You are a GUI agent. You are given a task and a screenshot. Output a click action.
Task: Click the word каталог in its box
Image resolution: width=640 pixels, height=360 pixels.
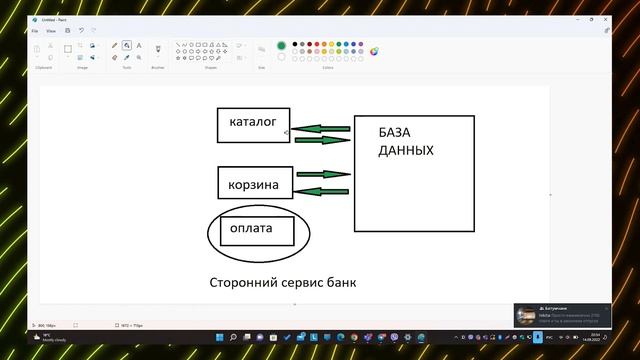pyautogui.click(x=252, y=122)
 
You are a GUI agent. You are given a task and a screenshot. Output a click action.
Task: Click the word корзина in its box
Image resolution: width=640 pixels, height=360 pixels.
pyautogui.click(x=253, y=185)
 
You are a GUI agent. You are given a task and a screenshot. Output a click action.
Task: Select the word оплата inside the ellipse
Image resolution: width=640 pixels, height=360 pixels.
pyautogui.click(x=251, y=228)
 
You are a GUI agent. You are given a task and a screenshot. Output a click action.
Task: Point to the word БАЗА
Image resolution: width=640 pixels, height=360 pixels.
pyautogui.click(x=395, y=132)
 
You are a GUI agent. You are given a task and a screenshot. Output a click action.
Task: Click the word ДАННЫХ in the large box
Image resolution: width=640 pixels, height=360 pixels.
pyautogui.click(x=406, y=151)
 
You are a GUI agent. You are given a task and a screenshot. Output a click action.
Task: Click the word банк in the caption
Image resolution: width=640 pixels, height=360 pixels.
pyautogui.click(x=339, y=282)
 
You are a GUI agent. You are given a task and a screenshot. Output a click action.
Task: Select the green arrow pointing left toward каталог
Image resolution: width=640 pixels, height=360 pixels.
pyautogui.click(x=320, y=129)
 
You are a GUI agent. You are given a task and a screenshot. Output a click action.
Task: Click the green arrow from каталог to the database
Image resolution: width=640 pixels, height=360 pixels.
pyautogui.click(x=323, y=140)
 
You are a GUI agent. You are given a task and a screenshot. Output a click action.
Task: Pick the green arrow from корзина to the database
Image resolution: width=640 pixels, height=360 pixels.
pyautogui.click(x=323, y=174)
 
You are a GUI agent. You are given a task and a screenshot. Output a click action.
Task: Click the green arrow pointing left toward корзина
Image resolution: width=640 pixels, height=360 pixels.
pyautogui.click(x=322, y=191)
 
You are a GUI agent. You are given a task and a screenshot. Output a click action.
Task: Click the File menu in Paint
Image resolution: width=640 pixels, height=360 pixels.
pyautogui.click(x=35, y=31)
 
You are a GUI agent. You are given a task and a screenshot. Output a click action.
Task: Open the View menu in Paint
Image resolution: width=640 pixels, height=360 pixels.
pyautogui.click(x=51, y=31)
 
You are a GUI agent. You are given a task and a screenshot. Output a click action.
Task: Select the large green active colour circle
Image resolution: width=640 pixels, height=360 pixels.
pyautogui.click(x=281, y=45)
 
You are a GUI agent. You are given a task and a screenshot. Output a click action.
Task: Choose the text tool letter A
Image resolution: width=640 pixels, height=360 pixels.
pyautogui.click(x=138, y=45)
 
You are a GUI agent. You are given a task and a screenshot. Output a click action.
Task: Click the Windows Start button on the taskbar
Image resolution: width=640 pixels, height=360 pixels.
pyautogui.click(x=219, y=338)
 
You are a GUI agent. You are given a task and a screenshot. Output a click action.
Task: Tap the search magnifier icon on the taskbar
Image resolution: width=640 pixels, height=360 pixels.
pyautogui.click(x=233, y=338)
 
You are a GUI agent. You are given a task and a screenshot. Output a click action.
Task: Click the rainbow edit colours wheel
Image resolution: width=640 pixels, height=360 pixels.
pyautogui.click(x=374, y=50)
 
